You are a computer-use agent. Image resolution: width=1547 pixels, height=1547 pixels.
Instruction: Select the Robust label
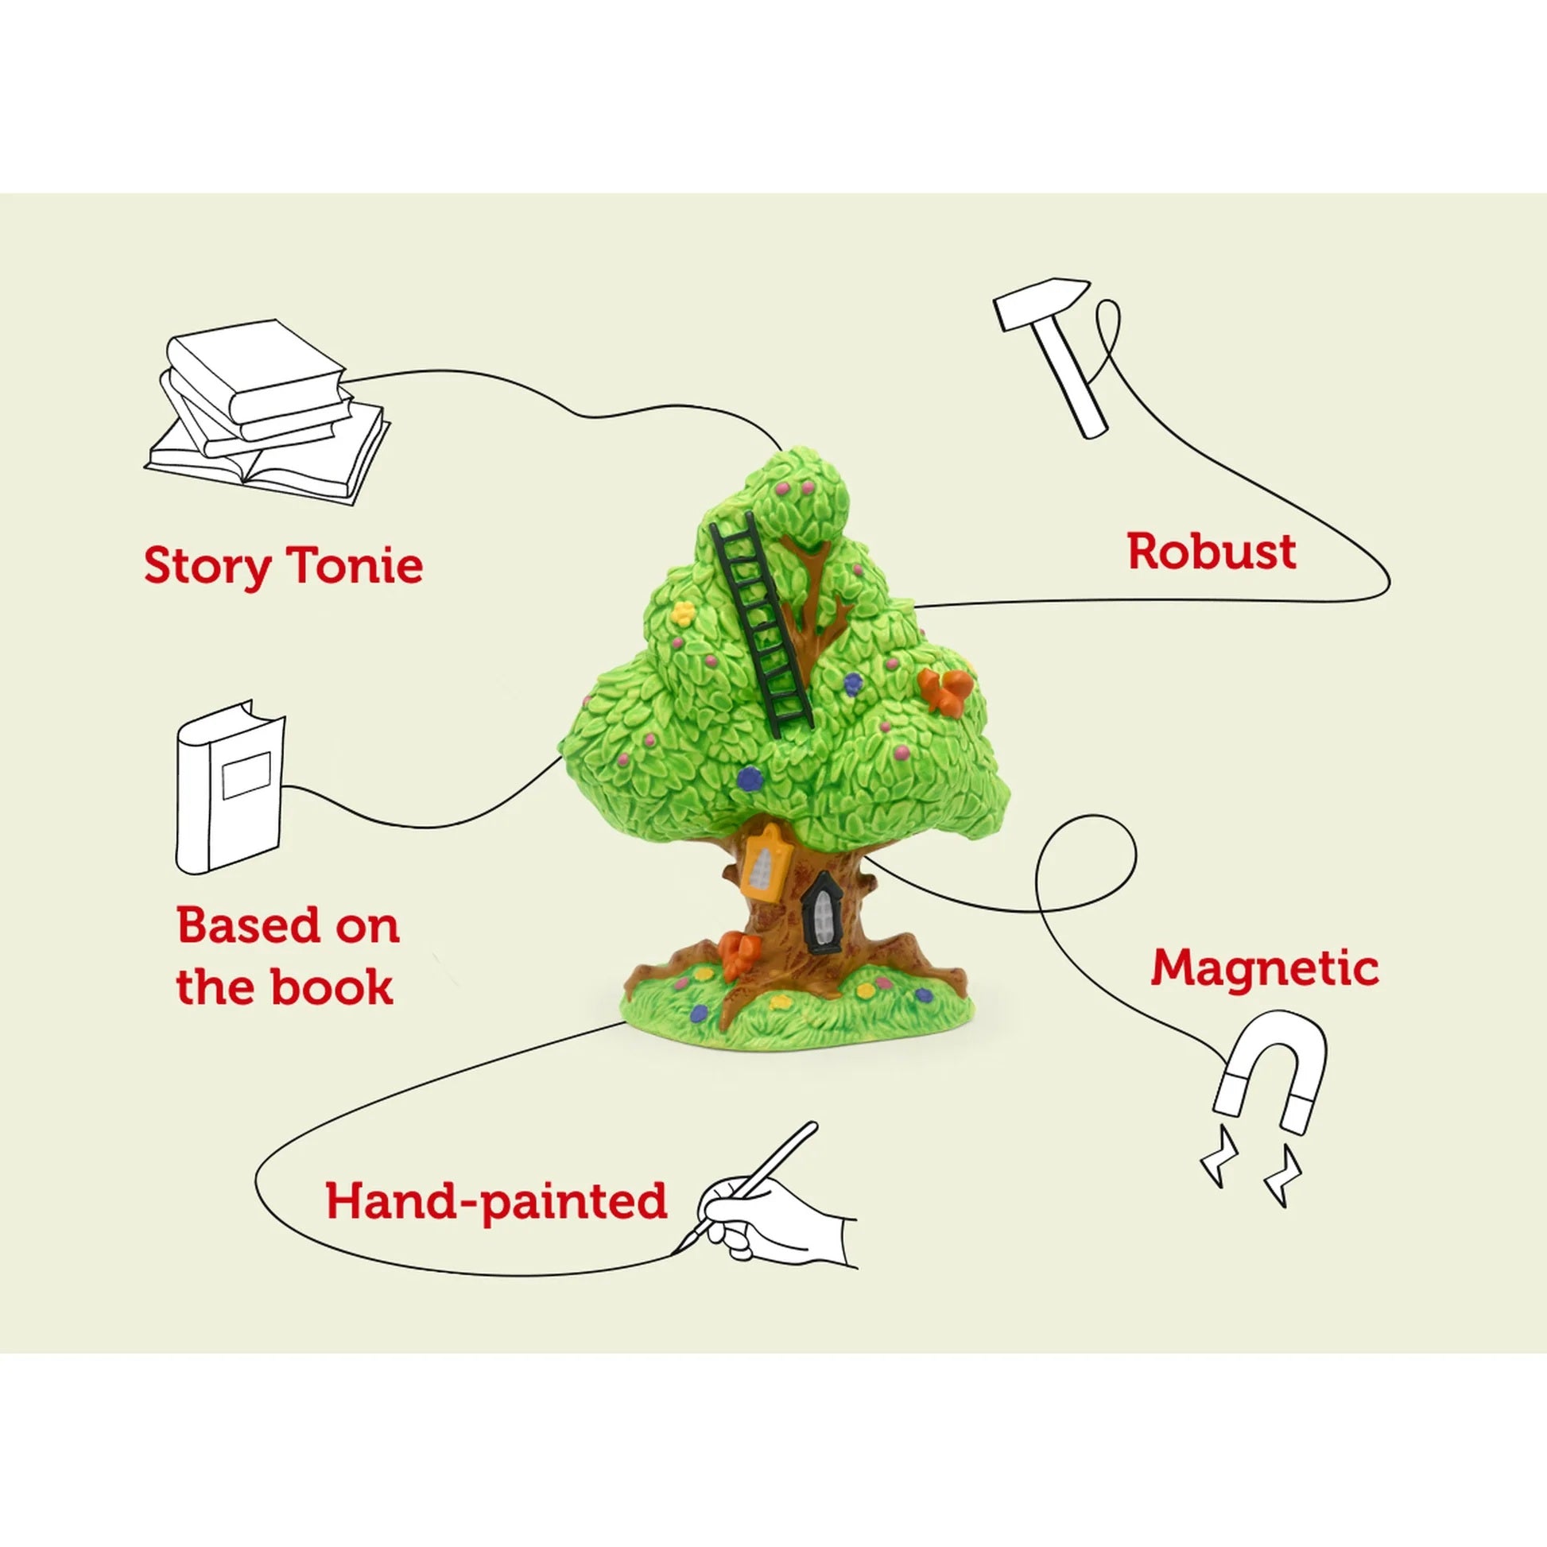point(1212,552)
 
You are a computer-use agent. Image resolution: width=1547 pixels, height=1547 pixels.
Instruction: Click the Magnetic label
point(1264,968)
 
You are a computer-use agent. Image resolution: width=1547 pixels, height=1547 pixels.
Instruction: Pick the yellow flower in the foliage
point(681,615)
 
